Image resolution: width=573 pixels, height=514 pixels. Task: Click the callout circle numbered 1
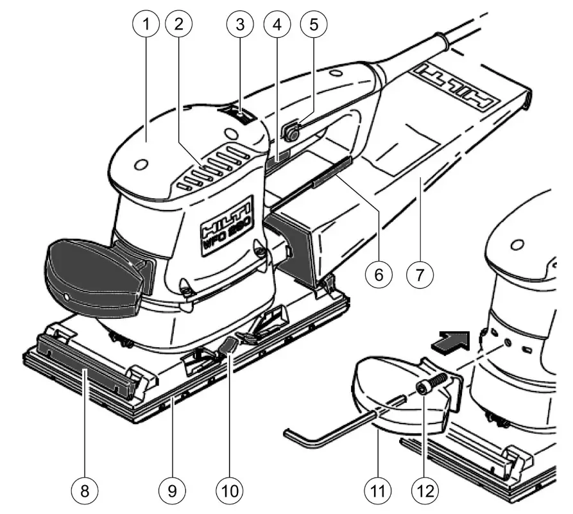[x=146, y=25]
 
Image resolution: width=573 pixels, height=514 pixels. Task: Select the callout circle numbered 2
[x=178, y=25]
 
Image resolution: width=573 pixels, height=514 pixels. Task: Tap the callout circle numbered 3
[x=240, y=25]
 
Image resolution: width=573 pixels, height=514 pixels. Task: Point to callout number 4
[x=277, y=25]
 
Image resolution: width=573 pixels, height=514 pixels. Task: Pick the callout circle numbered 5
[x=313, y=25]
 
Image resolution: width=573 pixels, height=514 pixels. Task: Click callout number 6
[x=379, y=274]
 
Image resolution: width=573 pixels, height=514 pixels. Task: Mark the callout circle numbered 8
[x=83, y=490]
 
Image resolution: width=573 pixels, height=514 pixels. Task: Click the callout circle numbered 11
[x=378, y=490]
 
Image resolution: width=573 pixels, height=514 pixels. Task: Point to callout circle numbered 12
[x=426, y=490]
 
